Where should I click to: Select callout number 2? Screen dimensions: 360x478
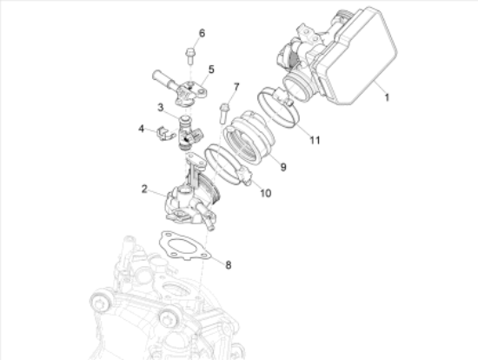[x=145, y=186]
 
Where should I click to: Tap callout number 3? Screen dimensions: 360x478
[x=162, y=107]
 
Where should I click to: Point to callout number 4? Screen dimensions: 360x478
[x=141, y=129]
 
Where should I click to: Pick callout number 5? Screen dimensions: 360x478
[x=210, y=69]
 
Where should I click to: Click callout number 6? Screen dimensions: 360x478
[x=202, y=34]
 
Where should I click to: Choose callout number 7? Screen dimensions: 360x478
[x=236, y=86]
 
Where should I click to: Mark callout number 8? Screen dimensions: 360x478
[x=229, y=264]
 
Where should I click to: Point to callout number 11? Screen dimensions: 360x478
[x=315, y=139]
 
